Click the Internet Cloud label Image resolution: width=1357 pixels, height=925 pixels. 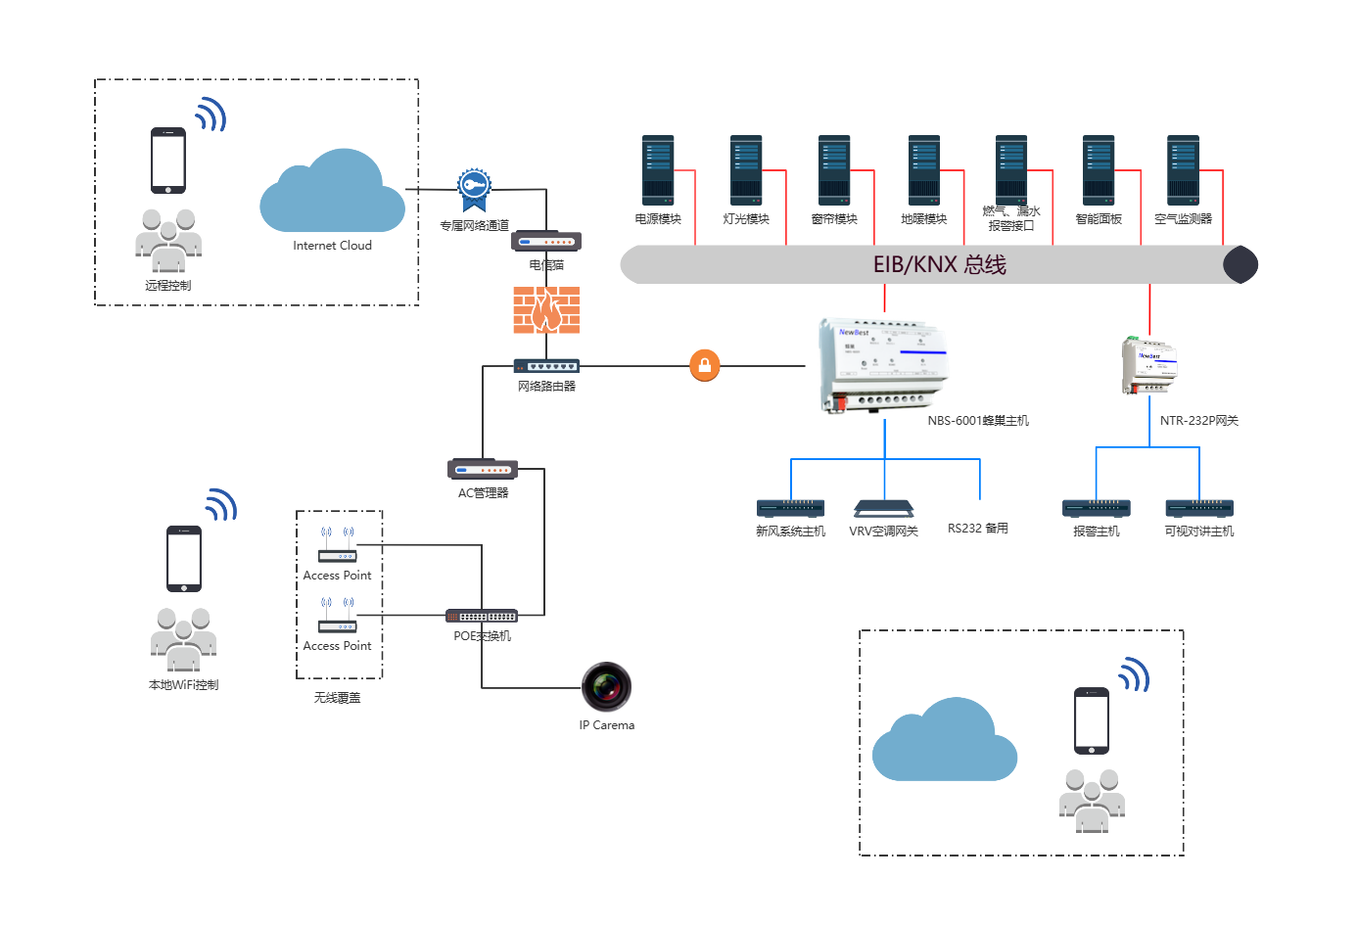(332, 246)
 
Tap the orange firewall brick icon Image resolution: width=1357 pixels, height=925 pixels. (546, 309)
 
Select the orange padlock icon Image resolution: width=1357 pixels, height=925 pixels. (705, 365)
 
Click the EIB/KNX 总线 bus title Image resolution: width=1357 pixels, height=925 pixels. (939, 264)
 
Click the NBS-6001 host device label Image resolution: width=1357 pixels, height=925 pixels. (977, 421)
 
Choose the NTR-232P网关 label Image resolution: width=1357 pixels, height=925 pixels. (1198, 421)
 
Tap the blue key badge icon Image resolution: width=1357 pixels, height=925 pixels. (474, 186)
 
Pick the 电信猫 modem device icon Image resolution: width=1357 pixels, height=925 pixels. (546, 241)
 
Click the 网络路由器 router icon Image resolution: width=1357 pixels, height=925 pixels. (546, 366)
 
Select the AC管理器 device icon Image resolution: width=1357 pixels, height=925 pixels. (483, 469)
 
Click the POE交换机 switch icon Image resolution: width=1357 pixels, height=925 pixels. (482, 616)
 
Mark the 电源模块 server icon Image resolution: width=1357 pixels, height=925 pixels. (658, 170)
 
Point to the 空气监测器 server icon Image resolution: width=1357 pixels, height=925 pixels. (1183, 170)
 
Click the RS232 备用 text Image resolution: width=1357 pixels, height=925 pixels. (977, 529)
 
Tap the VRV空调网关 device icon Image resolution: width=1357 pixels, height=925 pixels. (883, 508)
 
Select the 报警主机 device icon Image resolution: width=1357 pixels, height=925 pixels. (1096, 508)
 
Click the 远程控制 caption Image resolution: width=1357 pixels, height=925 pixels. (168, 286)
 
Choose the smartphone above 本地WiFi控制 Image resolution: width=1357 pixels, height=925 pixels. (184, 558)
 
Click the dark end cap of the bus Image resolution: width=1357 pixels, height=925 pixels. (1240, 264)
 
